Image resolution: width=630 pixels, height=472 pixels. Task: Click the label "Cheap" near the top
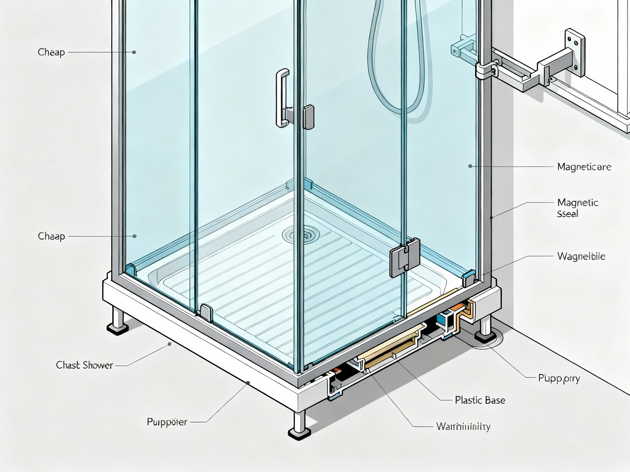point(51,52)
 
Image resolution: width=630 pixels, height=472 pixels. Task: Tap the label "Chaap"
point(51,236)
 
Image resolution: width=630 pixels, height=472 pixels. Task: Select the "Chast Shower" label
point(84,365)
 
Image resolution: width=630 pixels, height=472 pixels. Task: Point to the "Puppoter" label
point(167,422)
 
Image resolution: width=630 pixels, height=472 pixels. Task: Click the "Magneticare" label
point(584,167)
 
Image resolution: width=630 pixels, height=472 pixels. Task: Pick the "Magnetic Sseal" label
point(577,208)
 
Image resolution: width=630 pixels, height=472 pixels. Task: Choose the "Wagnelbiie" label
point(581,256)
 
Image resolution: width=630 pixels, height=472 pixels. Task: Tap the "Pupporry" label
point(559,379)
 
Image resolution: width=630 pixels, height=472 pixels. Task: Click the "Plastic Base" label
point(480,400)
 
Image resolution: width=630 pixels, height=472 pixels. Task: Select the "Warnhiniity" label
point(463,426)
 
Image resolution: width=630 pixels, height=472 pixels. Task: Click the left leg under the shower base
point(118,319)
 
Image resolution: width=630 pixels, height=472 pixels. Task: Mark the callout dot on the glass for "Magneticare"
point(471,166)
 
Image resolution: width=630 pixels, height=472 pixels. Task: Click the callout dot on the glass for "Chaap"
point(134,236)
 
